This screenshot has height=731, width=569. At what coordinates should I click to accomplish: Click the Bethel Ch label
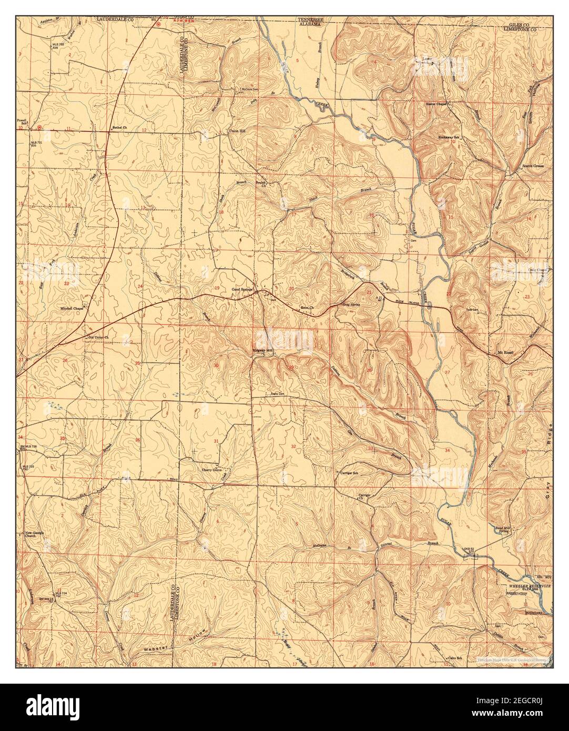coord(120,128)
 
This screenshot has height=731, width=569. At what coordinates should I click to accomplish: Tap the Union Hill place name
coord(236,131)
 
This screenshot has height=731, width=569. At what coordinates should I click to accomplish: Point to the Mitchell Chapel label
coord(72,308)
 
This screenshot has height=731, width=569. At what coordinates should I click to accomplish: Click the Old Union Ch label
coord(98,337)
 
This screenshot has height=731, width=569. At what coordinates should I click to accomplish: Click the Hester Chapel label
coord(436,104)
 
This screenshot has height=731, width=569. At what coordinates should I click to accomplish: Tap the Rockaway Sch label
coord(449,137)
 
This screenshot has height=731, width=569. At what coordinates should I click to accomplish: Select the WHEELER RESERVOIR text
coord(526,585)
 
